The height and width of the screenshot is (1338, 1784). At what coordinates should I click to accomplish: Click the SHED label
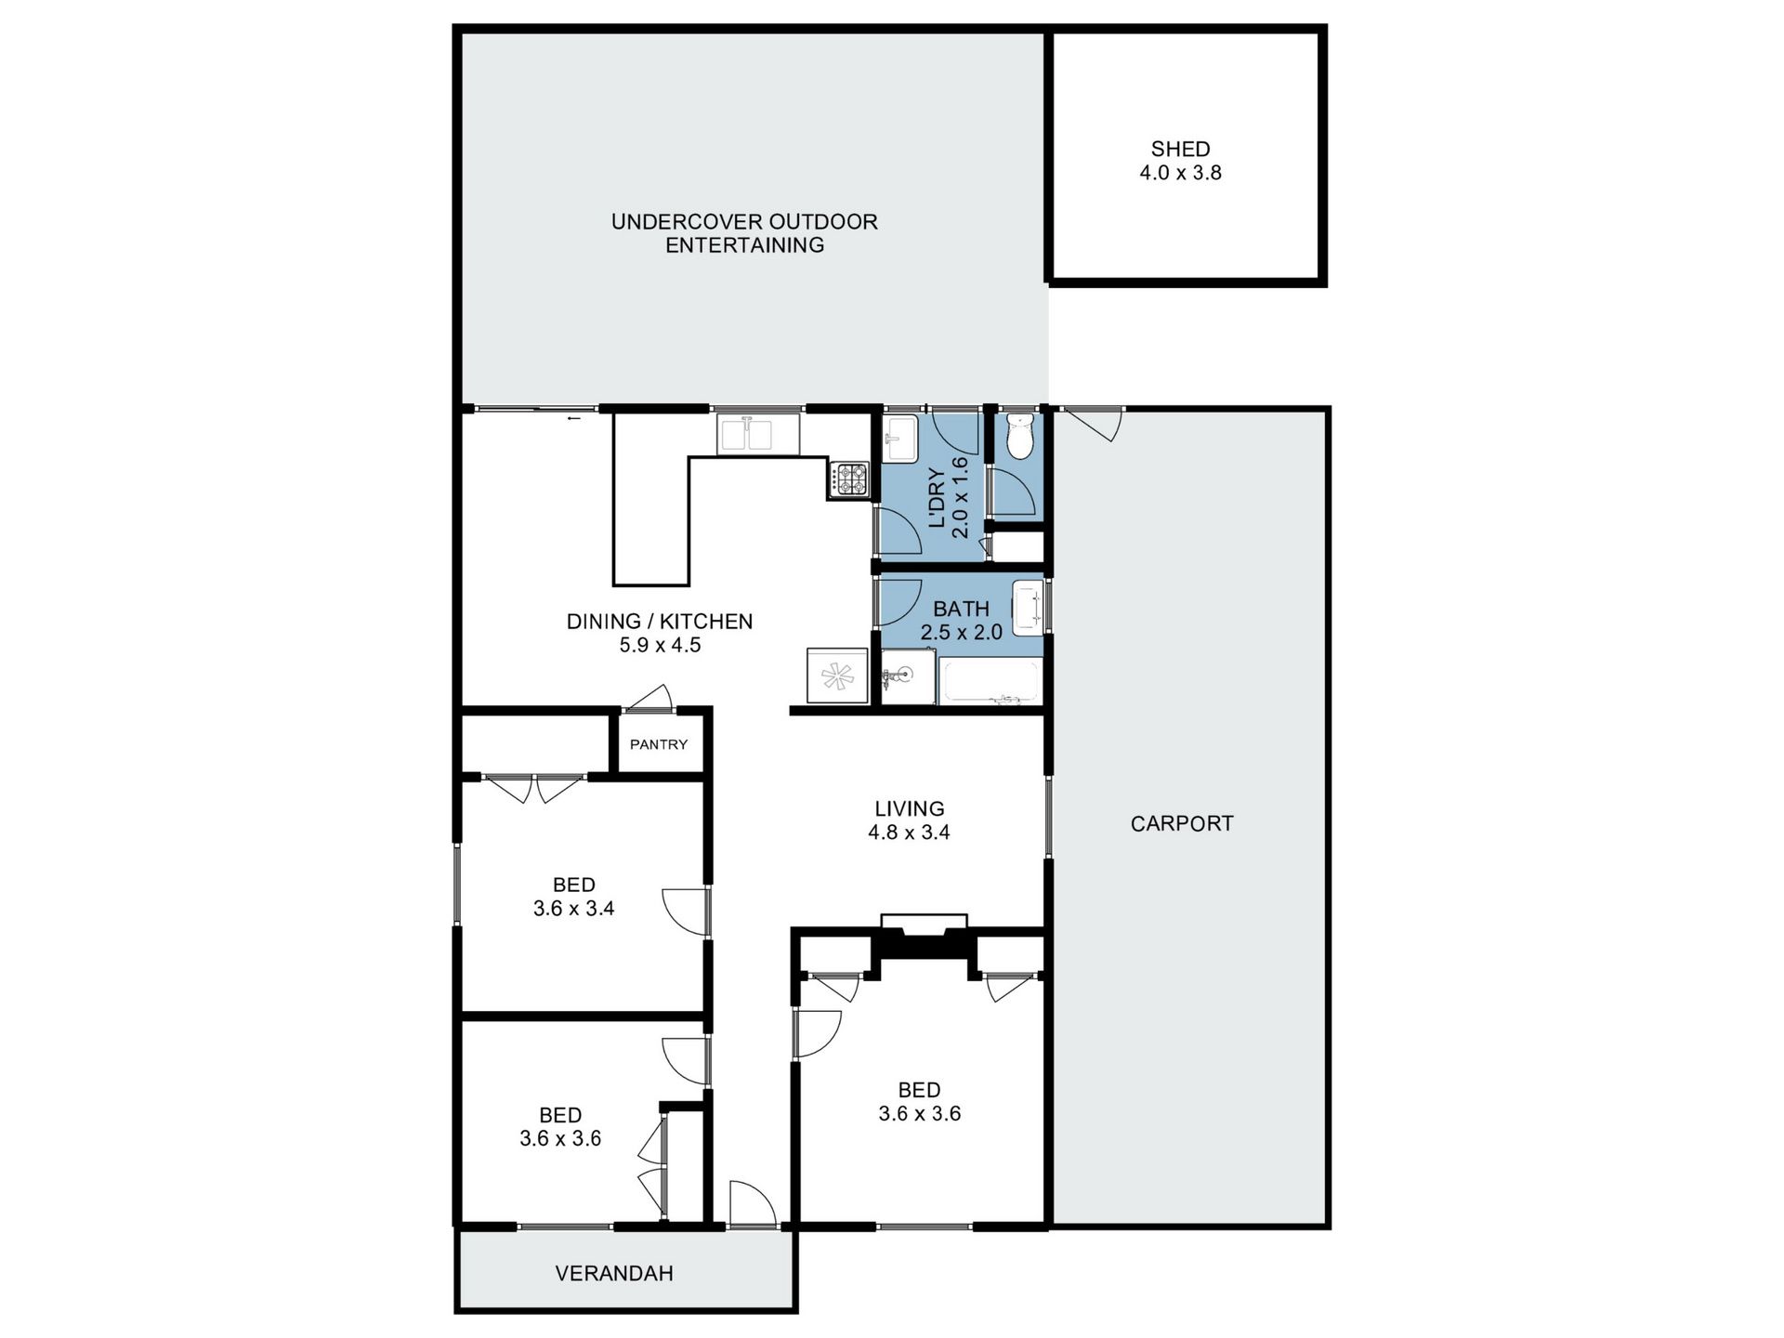[x=1180, y=149]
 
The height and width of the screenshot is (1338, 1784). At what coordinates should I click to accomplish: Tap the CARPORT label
[x=1182, y=823]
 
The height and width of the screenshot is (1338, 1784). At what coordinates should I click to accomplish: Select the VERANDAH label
[x=614, y=1273]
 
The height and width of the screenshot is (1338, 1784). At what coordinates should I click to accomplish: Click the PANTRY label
[x=659, y=744]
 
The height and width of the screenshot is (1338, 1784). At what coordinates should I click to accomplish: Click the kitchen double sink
[x=757, y=435]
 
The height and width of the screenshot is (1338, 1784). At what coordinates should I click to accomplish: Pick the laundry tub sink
[x=899, y=438]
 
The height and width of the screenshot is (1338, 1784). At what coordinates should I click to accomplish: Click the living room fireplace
[x=924, y=936]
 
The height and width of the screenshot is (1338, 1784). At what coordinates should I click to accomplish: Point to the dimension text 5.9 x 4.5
[x=660, y=645]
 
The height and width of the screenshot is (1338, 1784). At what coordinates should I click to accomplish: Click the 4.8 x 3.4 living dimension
[x=909, y=833]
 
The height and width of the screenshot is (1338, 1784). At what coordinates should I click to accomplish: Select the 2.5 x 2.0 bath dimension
[x=961, y=633]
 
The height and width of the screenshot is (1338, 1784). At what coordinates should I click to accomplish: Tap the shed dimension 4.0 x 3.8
[x=1180, y=173]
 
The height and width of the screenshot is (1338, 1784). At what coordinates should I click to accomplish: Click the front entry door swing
[x=753, y=1203]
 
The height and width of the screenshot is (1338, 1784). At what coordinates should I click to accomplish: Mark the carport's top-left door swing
[x=1095, y=425]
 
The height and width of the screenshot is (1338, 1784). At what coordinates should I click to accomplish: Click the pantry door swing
[x=649, y=699]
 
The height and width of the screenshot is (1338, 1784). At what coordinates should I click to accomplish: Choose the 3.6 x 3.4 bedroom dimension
[x=573, y=909]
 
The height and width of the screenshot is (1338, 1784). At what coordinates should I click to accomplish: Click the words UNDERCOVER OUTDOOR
[x=744, y=221]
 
